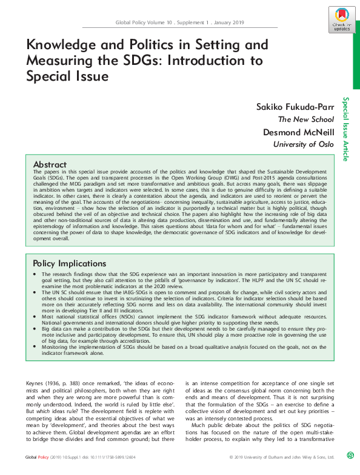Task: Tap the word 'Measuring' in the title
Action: [x=61, y=61]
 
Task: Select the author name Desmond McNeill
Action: [x=296, y=132]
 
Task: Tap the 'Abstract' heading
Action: [x=50, y=164]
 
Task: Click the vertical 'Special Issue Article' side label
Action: [x=345, y=129]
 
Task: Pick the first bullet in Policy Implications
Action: [x=36, y=275]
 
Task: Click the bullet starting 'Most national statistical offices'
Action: [x=36, y=316]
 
